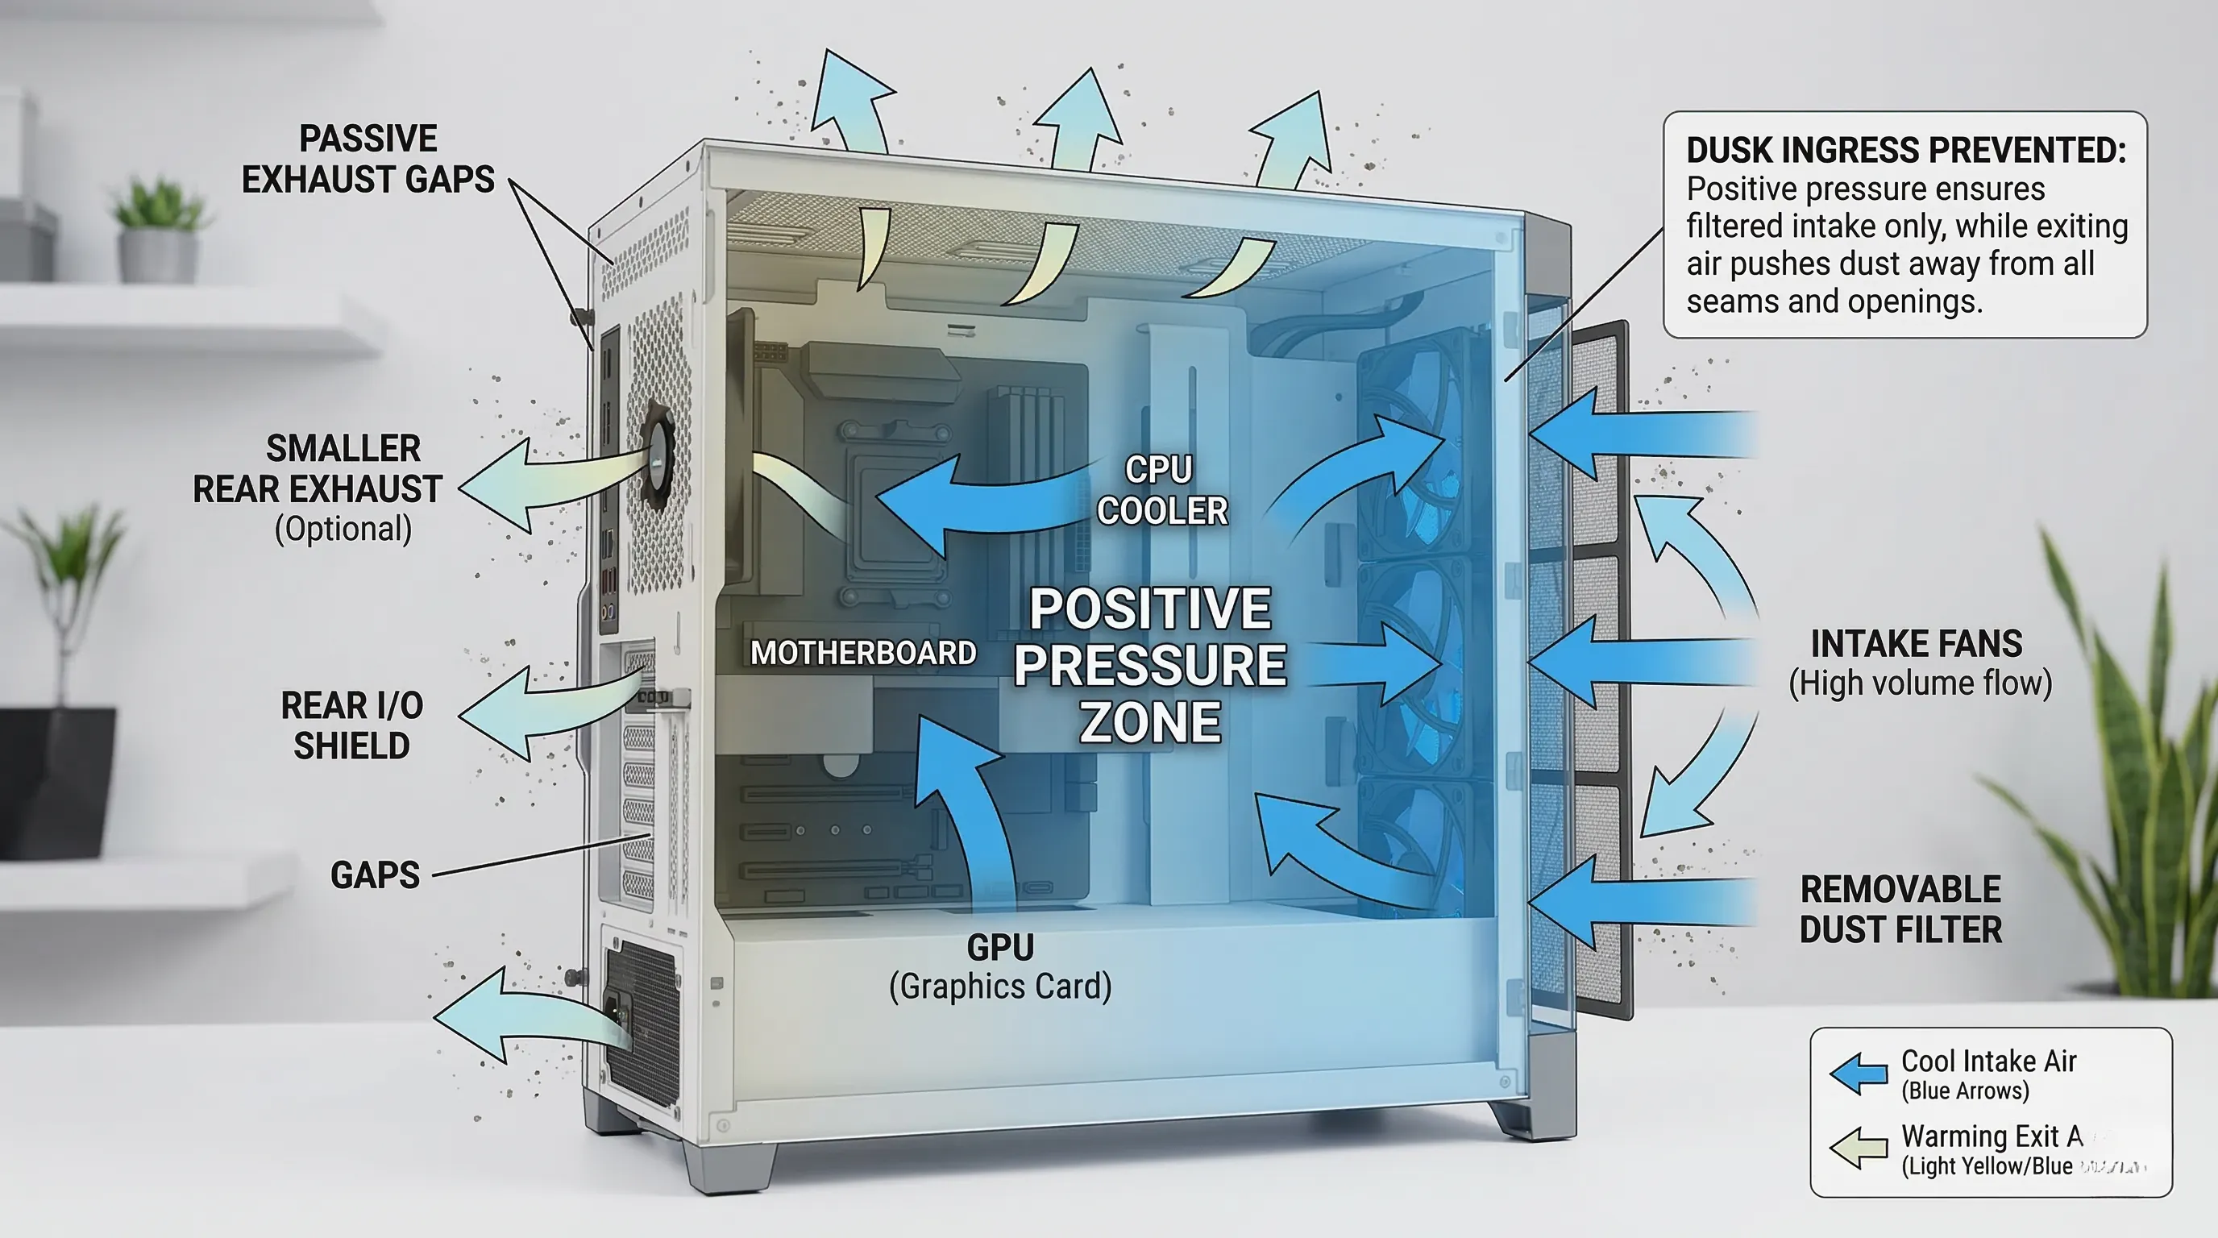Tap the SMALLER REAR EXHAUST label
pyautogui.click(x=317, y=469)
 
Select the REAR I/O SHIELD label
pyautogui.click(x=351, y=725)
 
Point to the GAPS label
pyautogui.click(x=375, y=874)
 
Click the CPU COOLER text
pyautogui.click(x=1161, y=490)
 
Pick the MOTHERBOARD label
pyautogui.click(x=862, y=653)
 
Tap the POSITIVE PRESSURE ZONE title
pyautogui.click(x=1149, y=665)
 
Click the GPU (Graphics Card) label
pyautogui.click(x=999, y=966)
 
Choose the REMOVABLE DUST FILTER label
pyautogui.click(x=1900, y=909)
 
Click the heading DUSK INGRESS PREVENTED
pyautogui.click(x=1905, y=151)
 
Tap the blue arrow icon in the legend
pyautogui.click(x=1858, y=1074)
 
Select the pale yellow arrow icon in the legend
pyautogui.click(x=1858, y=1148)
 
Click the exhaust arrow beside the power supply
pyautogui.click(x=517, y=1016)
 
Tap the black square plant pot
pyautogui.click(x=56, y=779)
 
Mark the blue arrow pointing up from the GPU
pyautogui.click(x=969, y=809)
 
